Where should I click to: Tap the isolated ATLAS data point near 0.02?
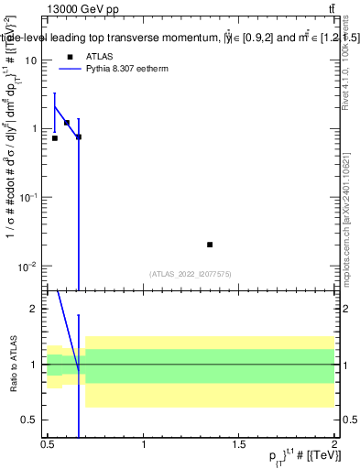[x=210, y=245]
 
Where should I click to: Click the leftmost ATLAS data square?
[x=55, y=138]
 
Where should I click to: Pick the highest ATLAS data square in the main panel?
[x=67, y=123]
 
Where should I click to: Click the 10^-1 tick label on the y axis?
[x=27, y=197]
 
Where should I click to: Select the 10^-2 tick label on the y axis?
[x=27, y=267]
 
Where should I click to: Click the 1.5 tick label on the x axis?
[x=239, y=443]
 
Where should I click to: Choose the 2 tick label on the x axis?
[x=333, y=443]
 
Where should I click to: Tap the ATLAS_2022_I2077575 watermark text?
[x=191, y=274]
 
